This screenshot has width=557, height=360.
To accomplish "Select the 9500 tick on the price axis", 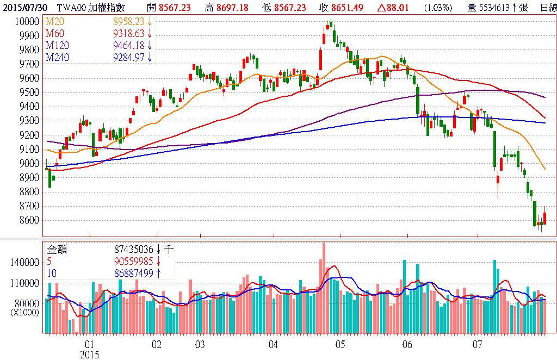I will [x=29, y=92].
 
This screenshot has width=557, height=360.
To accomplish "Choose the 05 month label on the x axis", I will [x=340, y=344].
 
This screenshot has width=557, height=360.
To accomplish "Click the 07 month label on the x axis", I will [x=478, y=344].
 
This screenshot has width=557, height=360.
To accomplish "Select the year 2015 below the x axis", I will [x=90, y=354].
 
